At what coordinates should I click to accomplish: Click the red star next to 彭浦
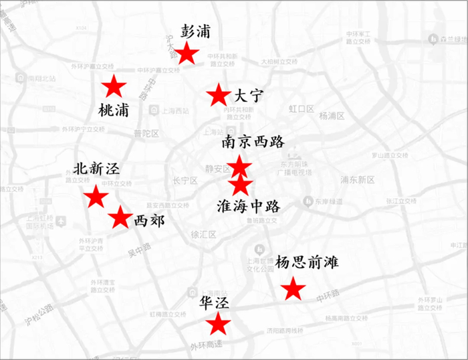[x=187, y=54]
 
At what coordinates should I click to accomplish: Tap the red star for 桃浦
[x=113, y=86]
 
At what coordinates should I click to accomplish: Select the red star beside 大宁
[x=219, y=95]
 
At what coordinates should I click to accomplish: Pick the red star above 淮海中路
[x=240, y=184]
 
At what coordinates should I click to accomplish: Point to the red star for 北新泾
[x=96, y=197]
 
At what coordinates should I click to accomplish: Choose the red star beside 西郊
[x=120, y=217]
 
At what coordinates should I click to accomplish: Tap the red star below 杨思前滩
[x=292, y=289]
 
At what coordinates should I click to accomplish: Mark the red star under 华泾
[x=218, y=324]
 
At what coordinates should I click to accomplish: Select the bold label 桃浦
[x=114, y=110]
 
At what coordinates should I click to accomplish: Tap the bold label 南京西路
[x=253, y=143]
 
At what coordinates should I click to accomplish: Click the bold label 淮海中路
[x=249, y=205]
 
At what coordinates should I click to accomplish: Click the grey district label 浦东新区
[x=358, y=180]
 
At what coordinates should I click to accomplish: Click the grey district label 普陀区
[x=146, y=133]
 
